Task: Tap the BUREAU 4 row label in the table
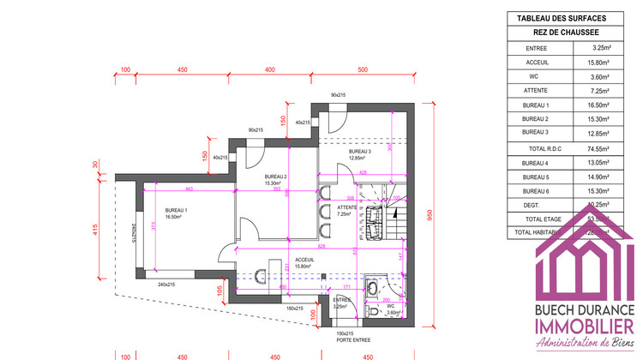535,163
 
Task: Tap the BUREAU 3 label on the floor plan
360,151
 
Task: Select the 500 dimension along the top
362,69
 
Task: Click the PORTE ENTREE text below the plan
335,340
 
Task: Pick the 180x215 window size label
294,309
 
